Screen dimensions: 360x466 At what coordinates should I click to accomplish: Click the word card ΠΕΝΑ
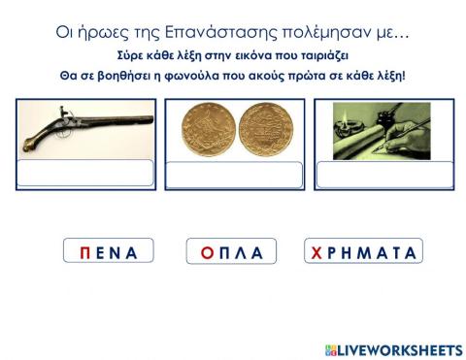[109, 252]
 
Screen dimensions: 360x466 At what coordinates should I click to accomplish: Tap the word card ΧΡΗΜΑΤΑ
[362, 252]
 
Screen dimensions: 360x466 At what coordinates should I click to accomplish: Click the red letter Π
[86, 252]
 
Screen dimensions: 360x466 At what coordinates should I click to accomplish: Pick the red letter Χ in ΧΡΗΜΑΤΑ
[316, 252]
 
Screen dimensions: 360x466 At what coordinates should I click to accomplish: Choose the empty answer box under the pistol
[85, 173]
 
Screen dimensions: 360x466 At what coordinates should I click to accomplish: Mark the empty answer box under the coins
[233, 175]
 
